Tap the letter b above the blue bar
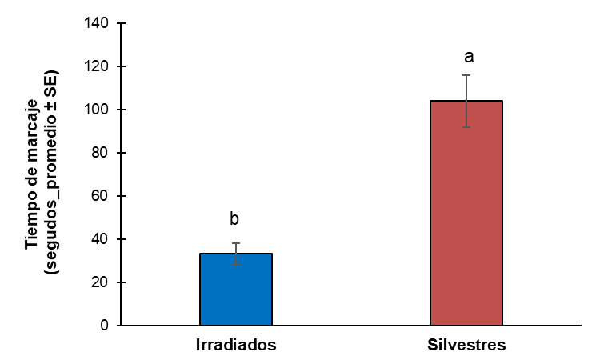[235, 219]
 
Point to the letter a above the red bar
[469, 57]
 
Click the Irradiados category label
[236, 346]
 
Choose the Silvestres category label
[466, 346]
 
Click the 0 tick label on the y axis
[104, 326]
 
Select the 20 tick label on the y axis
[101, 282]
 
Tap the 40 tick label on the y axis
[101, 239]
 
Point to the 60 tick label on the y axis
[101, 196]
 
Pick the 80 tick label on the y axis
[101, 153]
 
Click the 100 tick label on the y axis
[98, 110]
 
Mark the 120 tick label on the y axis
[98, 66]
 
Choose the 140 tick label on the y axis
[98, 23]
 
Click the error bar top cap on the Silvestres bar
[466, 75]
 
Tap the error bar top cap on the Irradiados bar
[236, 243]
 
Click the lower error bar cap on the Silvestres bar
[466, 127]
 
